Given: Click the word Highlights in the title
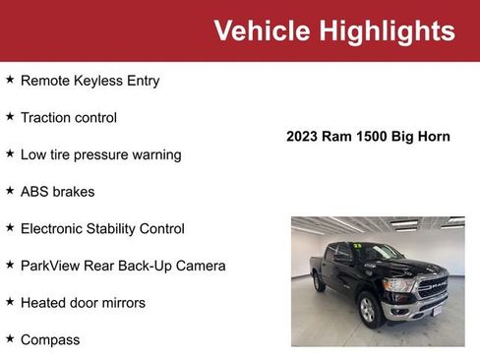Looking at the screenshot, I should pyautogui.click(x=387, y=30).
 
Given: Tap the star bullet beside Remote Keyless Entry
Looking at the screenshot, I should pyautogui.click(x=10, y=80).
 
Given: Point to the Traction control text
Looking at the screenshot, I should pyautogui.click(x=69, y=117).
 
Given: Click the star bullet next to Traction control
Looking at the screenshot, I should pyautogui.click(x=10, y=116).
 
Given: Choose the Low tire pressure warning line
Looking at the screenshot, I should pyautogui.click(x=101, y=154).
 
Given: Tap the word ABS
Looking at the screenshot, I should pyautogui.click(x=35, y=192).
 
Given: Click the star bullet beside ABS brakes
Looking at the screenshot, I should pyautogui.click(x=10, y=191).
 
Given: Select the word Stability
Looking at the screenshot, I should pyautogui.click(x=122, y=228).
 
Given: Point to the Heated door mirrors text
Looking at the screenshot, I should pyautogui.click(x=83, y=303).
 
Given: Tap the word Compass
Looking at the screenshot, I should pyautogui.click(x=50, y=340).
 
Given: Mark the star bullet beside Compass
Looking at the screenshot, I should pyautogui.click(x=10, y=338).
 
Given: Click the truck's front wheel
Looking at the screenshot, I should pyautogui.click(x=370, y=311).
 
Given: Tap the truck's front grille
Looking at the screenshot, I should pyautogui.click(x=432, y=288).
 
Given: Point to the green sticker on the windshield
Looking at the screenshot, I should pyautogui.click(x=359, y=246).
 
